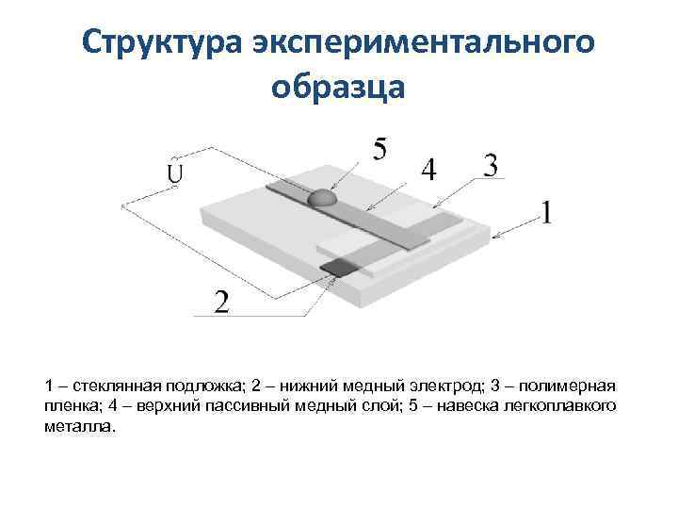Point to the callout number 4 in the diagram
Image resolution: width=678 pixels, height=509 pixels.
click(x=428, y=171)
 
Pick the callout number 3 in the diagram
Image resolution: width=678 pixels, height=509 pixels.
click(x=490, y=166)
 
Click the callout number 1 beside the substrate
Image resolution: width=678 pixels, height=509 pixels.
click(x=546, y=214)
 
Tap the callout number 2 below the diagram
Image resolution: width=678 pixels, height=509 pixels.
click(x=221, y=304)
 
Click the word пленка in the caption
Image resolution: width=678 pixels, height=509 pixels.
click(x=71, y=406)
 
